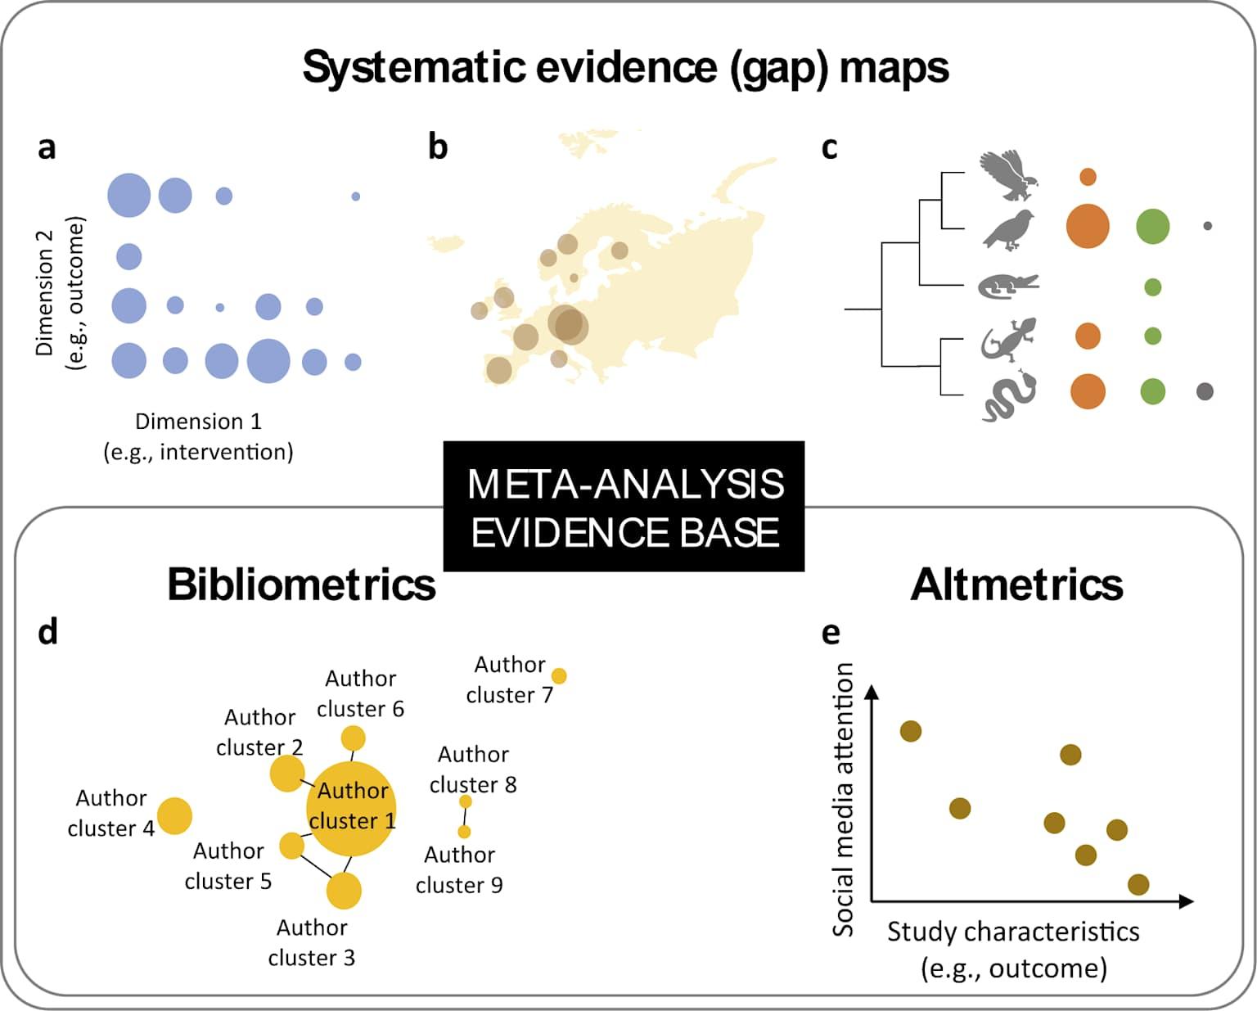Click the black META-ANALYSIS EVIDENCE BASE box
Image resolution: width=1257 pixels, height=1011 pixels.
tap(624, 507)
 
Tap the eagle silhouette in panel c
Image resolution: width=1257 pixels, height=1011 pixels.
tap(1008, 175)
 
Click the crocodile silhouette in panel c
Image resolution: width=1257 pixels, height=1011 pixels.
tap(1007, 286)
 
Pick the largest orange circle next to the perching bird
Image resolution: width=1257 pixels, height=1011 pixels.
tap(1088, 226)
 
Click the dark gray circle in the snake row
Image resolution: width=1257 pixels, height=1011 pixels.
tap(1204, 391)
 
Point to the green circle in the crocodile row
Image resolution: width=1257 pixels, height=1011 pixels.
tap(1152, 287)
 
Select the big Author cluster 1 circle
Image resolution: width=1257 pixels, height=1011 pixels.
tap(352, 808)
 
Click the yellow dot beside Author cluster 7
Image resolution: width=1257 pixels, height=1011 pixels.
tap(559, 676)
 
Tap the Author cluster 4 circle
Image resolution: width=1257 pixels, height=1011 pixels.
tap(174, 816)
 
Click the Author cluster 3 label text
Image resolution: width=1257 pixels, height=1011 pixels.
tap(312, 942)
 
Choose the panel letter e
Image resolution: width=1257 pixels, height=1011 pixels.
tap(830, 632)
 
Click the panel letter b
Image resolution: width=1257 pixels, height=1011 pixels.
tap(438, 147)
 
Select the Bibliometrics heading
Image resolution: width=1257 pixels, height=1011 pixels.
tap(301, 584)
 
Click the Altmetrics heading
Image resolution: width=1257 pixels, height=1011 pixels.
tap(1016, 584)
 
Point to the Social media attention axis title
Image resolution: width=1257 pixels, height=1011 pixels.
tap(843, 799)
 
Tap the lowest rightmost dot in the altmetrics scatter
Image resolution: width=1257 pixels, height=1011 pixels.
tap(1138, 884)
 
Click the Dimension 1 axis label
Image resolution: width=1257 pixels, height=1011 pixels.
tap(198, 422)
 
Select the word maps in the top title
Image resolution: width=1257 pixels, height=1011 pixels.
tap(894, 67)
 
